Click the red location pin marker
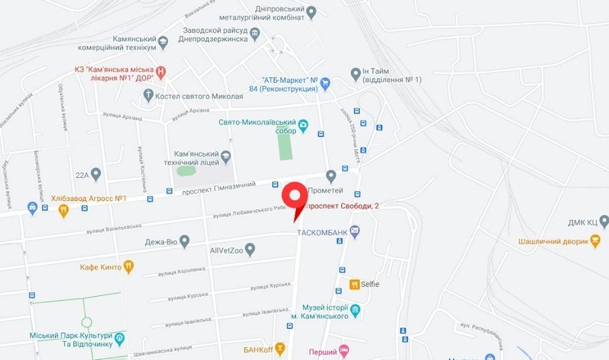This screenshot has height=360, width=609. click(296, 200)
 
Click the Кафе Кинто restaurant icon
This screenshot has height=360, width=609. click(129, 267)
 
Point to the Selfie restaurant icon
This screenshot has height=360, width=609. click(354, 284)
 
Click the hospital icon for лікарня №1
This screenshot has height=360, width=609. click(161, 73)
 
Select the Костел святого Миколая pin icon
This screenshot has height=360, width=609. click(148, 96)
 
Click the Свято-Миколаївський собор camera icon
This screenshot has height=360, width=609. click(303, 126)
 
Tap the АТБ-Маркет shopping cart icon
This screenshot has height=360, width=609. click(324, 83)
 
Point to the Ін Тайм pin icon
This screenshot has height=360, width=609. click(354, 73)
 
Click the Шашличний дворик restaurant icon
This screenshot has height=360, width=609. click(595, 241)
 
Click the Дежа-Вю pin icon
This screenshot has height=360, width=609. click(183, 243)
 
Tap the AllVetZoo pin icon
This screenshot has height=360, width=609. click(250, 249)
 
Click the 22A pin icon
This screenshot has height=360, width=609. click(95, 174)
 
